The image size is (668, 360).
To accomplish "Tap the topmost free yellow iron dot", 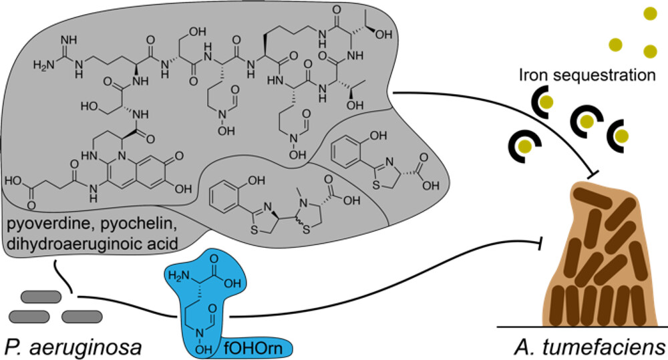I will [x=649, y=13].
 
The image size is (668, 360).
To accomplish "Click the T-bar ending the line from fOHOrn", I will [x=539, y=245].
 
